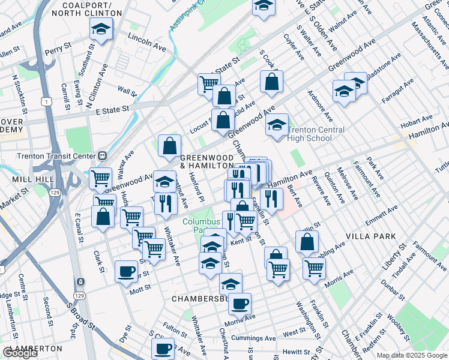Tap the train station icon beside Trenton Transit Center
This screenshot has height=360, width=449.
103,155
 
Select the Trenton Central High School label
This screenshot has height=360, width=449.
316,134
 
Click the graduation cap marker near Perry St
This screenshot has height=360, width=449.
101,28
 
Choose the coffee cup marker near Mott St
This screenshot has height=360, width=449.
126,271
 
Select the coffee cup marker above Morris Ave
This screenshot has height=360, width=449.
240,303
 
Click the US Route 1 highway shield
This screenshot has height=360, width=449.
46,102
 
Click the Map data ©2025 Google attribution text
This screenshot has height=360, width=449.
412,355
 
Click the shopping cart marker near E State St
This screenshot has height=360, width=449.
209,83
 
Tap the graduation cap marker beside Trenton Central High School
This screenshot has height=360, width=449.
277,125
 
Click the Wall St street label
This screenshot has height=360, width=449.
127,91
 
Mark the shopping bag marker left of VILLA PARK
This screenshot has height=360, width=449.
307,241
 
